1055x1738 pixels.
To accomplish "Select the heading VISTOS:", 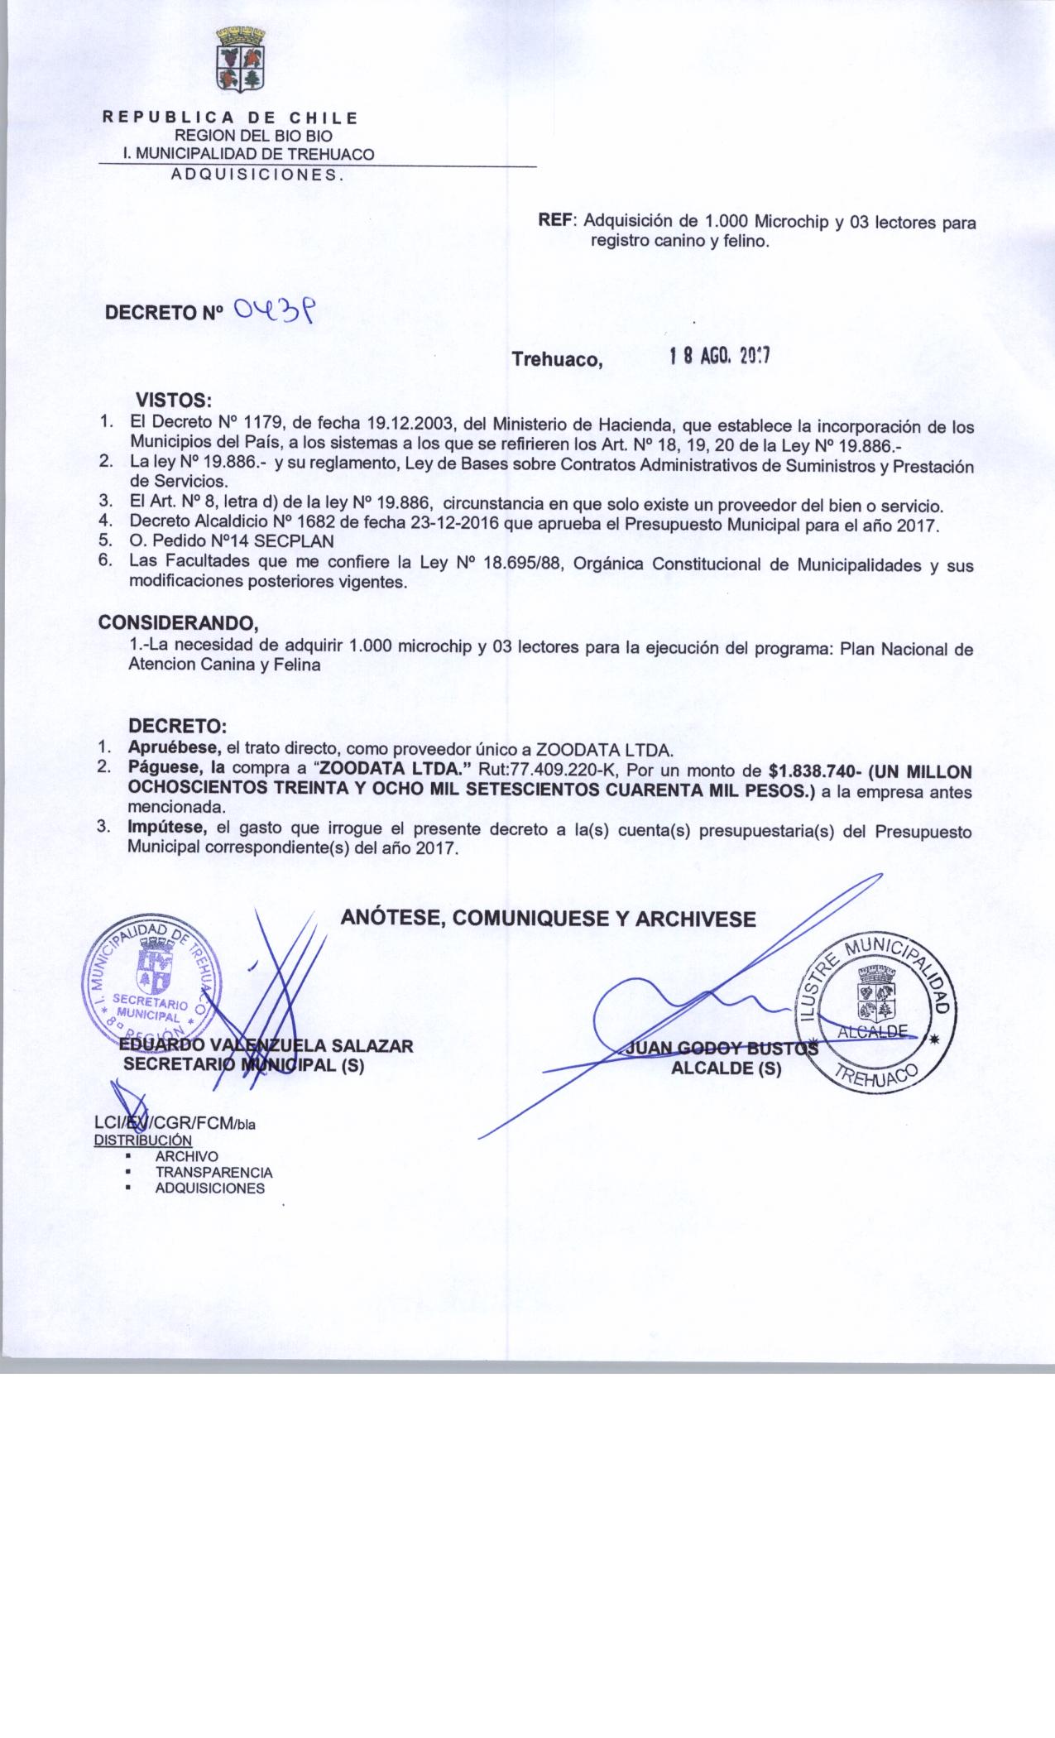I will (176, 401).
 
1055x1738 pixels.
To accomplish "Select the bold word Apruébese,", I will (175, 751).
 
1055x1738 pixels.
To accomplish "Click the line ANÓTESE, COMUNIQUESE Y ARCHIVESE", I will (548, 919).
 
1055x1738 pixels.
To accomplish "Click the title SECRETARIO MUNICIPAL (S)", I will (244, 1066).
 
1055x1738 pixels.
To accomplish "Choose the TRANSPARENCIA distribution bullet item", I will (213, 1172).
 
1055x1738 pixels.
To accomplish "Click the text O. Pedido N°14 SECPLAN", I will (232, 541).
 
